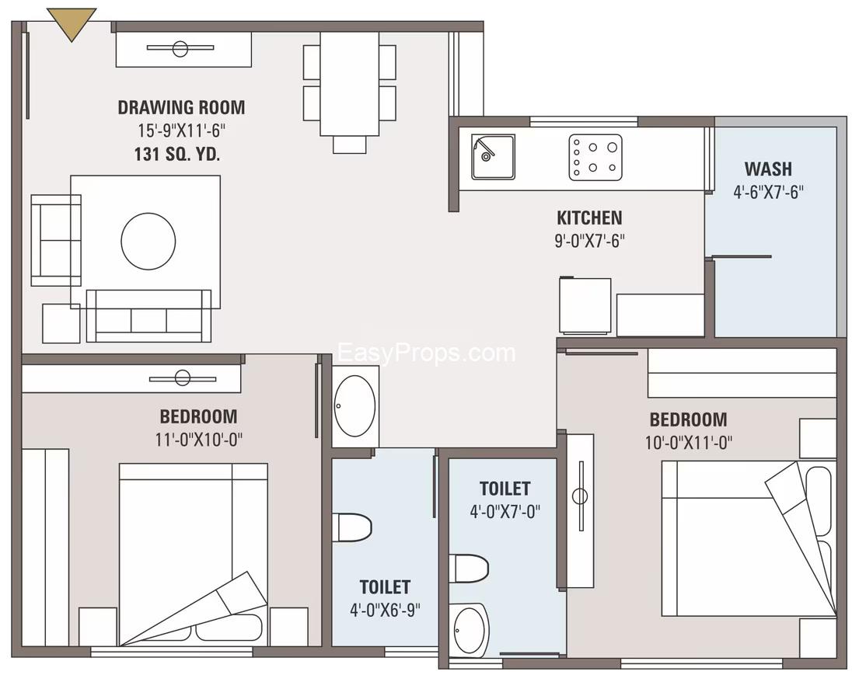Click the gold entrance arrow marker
pos(72,22)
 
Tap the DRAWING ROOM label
pos(181,107)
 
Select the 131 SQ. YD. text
pos(177,154)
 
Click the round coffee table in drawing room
pos(148,242)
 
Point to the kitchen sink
pos(492,157)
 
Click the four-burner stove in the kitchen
pos(595,157)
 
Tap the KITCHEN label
pos(589,217)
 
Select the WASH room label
pos(768,169)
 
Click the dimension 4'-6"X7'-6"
pos(768,191)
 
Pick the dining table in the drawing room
pos(349,83)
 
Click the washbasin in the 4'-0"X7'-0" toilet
pos(470,629)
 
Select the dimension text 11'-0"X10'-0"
pos(199,439)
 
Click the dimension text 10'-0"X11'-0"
pos(689,442)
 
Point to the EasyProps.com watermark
pos(427,353)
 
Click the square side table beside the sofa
pos(61,323)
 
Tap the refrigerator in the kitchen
pos(585,306)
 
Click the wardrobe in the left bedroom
pos(45,547)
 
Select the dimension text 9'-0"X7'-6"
pos(589,241)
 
